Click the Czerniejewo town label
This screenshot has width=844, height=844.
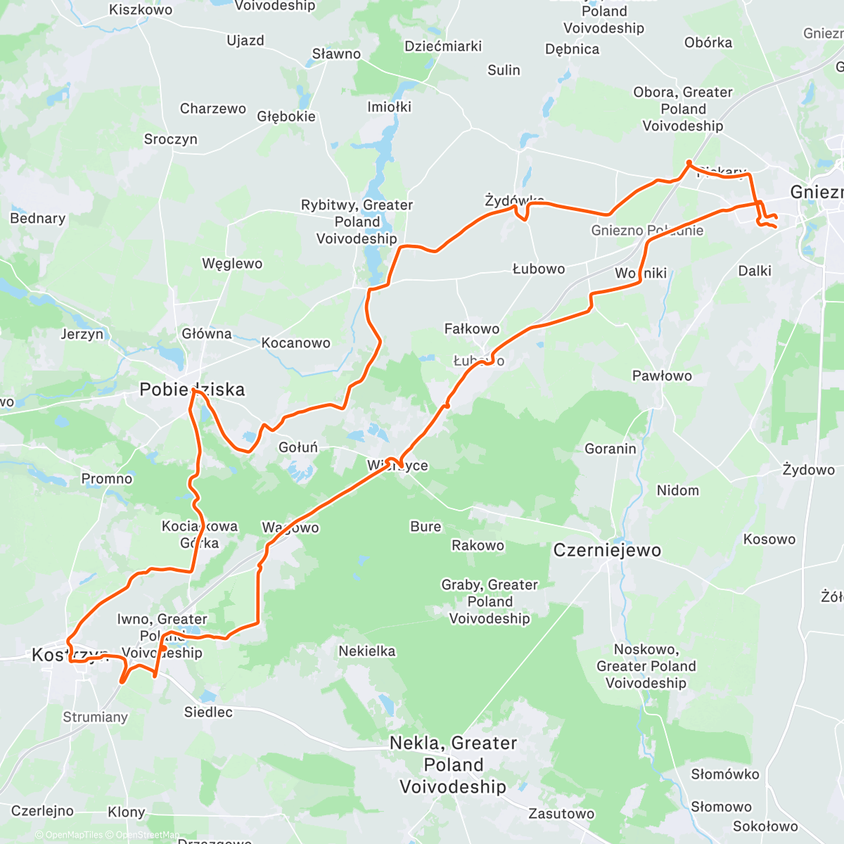pyautogui.click(x=607, y=550)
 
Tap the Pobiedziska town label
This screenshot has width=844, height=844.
pyautogui.click(x=192, y=390)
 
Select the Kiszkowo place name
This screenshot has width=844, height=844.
pyautogui.click(x=141, y=10)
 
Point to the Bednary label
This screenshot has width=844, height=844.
pyautogui.click(x=38, y=218)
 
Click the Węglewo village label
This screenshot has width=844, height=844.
pyautogui.click(x=232, y=264)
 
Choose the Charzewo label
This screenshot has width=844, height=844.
pyautogui.click(x=213, y=108)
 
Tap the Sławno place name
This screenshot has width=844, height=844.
pyautogui.click(x=336, y=54)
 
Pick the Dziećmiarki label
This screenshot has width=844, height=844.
pyautogui.click(x=443, y=46)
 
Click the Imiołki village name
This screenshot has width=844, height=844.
pyautogui.click(x=389, y=107)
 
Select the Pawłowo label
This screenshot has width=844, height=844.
pyautogui.click(x=662, y=376)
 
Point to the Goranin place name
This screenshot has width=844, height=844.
pyautogui.click(x=610, y=449)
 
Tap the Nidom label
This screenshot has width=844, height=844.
pyautogui.click(x=678, y=490)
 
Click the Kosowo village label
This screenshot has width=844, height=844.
pyautogui.click(x=769, y=539)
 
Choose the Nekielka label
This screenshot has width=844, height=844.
pyautogui.click(x=367, y=651)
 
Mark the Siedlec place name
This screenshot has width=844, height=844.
pyautogui.click(x=208, y=712)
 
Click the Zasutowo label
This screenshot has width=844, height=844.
pyautogui.click(x=561, y=814)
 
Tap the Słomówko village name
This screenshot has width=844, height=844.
pyautogui.click(x=725, y=774)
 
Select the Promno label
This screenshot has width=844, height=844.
pyautogui.click(x=107, y=479)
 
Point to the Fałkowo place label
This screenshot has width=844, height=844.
pyautogui.click(x=472, y=328)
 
